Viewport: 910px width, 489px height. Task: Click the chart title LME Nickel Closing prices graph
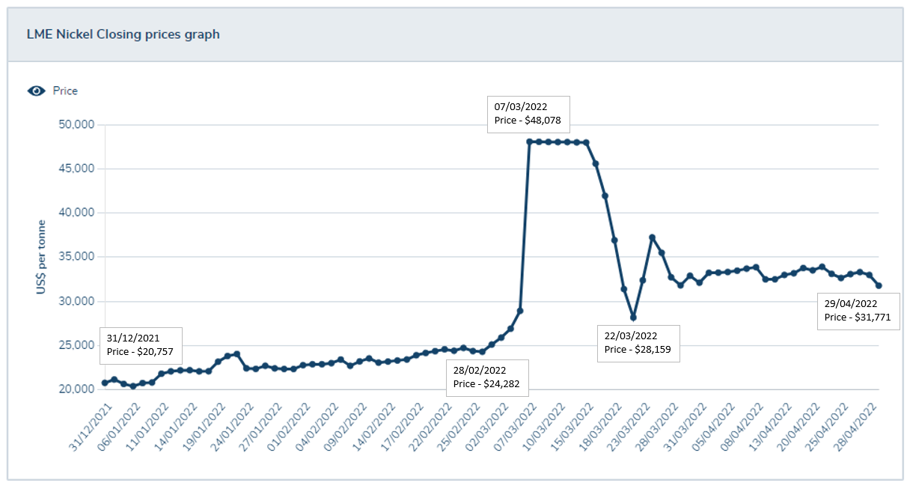click(x=123, y=34)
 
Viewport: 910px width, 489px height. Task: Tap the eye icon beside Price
click(x=36, y=91)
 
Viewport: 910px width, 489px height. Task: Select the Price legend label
click(x=65, y=91)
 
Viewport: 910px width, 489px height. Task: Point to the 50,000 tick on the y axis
click(x=76, y=124)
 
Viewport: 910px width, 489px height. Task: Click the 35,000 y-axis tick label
click(x=76, y=257)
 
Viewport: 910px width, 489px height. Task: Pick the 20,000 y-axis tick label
click(x=76, y=389)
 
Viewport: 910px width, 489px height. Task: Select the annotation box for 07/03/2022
click(x=528, y=114)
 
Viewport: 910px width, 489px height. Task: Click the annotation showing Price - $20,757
click(x=140, y=344)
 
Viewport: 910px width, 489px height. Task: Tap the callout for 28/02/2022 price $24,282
click(x=487, y=377)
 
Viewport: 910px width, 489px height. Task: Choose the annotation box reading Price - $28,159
click(x=638, y=343)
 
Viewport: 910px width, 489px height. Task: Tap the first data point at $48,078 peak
click(x=530, y=142)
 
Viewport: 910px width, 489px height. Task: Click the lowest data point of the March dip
click(x=633, y=318)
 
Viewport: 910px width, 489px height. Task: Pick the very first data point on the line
click(x=105, y=383)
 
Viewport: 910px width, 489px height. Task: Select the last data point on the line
click(x=879, y=285)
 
